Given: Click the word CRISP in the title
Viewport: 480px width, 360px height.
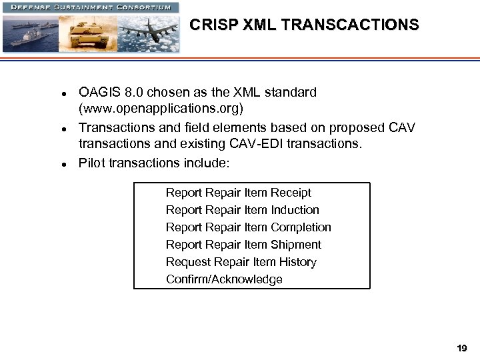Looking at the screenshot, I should coord(209,25).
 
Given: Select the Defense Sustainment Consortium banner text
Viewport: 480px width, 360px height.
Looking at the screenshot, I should coord(90,7).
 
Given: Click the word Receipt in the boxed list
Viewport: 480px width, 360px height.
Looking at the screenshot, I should coord(290,193).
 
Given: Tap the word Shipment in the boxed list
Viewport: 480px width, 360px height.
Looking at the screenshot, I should coord(296,245).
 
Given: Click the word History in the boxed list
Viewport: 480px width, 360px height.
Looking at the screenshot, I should coord(298,262).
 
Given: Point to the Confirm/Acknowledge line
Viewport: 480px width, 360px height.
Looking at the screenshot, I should coord(224,279).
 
